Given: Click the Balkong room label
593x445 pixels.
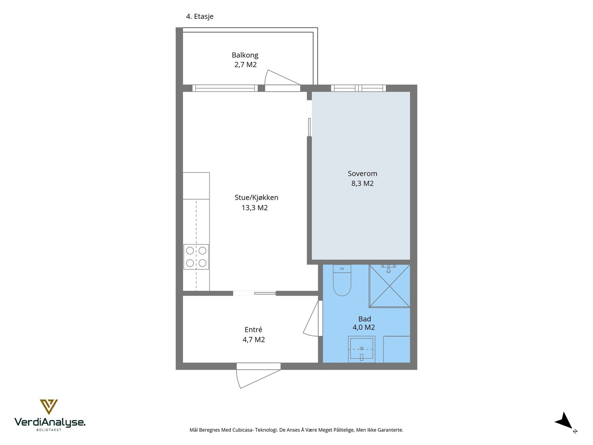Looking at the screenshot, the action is pyautogui.click(x=245, y=55).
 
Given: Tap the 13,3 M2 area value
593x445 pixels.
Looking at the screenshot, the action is pyautogui.click(x=255, y=208).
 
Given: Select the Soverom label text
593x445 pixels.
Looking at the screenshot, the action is pyautogui.click(x=362, y=174).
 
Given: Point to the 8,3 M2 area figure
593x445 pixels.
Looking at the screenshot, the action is pyautogui.click(x=362, y=184).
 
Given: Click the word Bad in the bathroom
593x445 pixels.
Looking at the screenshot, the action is pyautogui.click(x=364, y=319).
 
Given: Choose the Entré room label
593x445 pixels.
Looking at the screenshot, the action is pyautogui.click(x=253, y=329).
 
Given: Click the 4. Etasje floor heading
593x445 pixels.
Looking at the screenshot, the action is pyautogui.click(x=200, y=16).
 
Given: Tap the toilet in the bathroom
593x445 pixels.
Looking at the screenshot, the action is pyautogui.click(x=342, y=280).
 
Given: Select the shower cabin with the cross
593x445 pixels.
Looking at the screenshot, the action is pyautogui.click(x=389, y=286).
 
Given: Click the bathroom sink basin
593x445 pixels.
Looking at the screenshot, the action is pyautogui.click(x=361, y=349).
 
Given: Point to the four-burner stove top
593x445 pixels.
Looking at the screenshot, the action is pyautogui.click(x=196, y=257).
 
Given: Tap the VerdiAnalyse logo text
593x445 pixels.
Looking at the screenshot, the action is pyautogui.click(x=50, y=422).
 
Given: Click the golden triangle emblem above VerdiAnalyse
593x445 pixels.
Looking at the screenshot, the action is pyautogui.click(x=49, y=407).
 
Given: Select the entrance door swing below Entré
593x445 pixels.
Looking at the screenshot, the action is pyautogui.click(x=258, y=379).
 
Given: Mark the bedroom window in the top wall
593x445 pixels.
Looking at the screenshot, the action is pyautogui.click(x=358, y=88).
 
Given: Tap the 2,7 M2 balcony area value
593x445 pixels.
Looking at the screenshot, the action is pyautogui.click(x=245, y=65).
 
